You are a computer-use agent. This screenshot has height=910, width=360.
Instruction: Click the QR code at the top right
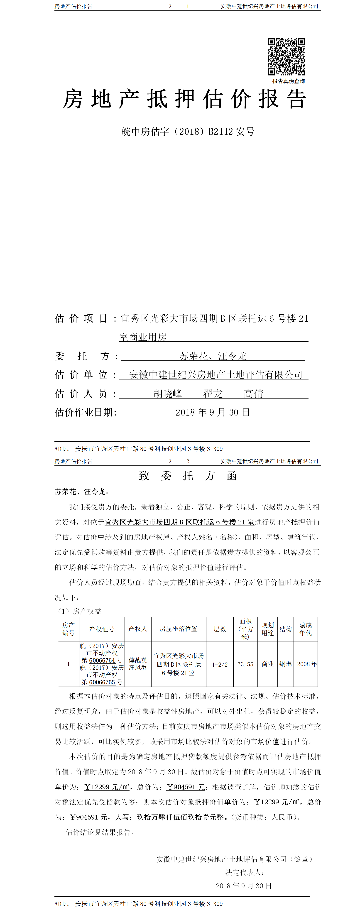[286, 56]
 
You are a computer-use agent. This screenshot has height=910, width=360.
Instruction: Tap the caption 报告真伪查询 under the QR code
[288, 81]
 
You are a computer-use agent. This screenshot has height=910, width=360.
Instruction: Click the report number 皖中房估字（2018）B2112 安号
[188, 132]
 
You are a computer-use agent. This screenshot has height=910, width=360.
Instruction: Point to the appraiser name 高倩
[253, 394]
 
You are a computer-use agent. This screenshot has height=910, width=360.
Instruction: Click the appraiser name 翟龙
[213, 394]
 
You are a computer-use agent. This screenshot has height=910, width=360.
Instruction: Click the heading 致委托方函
[188, 476]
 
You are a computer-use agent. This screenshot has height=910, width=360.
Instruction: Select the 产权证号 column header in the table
[102, 629]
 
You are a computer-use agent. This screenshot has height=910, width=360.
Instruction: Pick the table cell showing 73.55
[245, 664]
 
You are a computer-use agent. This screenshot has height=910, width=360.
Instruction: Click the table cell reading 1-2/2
[220, 665]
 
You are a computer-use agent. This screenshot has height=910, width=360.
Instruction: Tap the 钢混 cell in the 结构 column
[285, 664]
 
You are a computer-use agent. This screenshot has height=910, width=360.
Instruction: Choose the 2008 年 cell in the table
[307, 664]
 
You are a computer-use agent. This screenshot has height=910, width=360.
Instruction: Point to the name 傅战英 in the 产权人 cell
[138, 660]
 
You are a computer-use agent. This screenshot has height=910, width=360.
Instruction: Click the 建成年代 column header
[306, 629]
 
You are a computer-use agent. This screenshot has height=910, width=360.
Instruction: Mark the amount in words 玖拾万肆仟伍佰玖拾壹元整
[180, 817]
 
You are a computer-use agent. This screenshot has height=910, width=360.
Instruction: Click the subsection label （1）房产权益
[80, 611]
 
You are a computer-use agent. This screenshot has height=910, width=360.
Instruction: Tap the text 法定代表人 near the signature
[245, 873]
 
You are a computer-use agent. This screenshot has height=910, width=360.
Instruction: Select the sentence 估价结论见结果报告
[100, 832]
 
